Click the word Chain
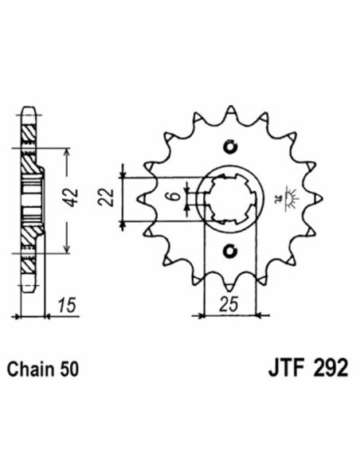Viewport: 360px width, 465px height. point(33,369)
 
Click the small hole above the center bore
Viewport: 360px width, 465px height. point(231,147)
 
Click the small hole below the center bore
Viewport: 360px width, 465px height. point(231,252)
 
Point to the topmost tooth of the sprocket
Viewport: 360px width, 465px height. point(232,112)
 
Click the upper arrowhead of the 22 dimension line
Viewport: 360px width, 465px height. point(123,170)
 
